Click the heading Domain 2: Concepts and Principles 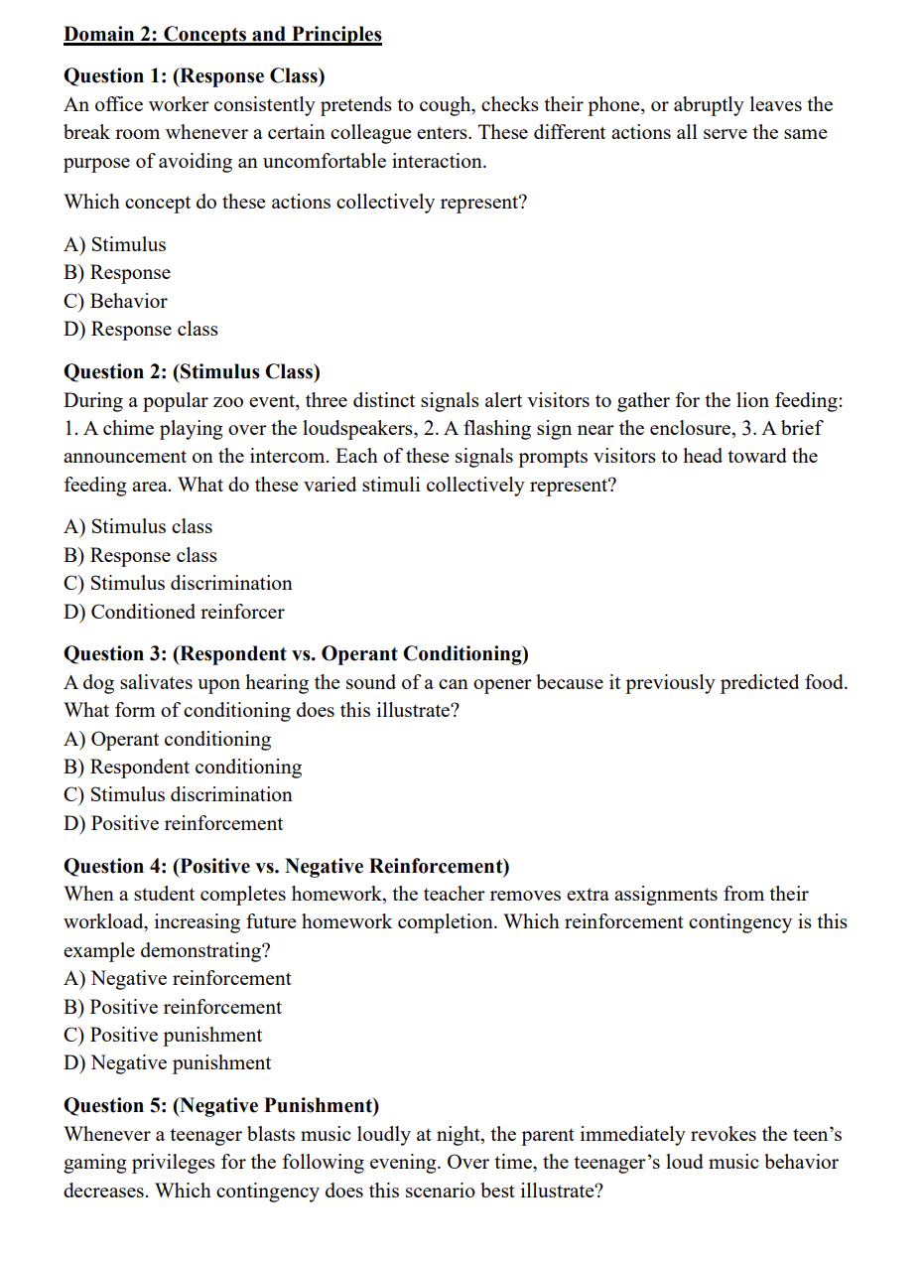point(222,35)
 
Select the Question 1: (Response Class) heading point(194,76)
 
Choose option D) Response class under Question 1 point(141,330)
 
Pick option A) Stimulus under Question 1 point(115,244)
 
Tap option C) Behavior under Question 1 point(115,301)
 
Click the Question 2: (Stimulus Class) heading point(192,372)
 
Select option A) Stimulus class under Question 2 point(138,527)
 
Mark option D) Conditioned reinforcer point(174,612)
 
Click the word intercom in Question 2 point(286,457)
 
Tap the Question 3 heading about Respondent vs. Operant point(296,654)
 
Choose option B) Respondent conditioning point(183,768)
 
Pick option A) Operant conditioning point(167,740)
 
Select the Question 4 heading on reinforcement point(287,867)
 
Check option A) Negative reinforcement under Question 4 point(178,979)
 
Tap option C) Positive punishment point(163,1036)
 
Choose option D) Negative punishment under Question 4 point(167,1063)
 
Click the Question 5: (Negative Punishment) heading point(221,1106)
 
